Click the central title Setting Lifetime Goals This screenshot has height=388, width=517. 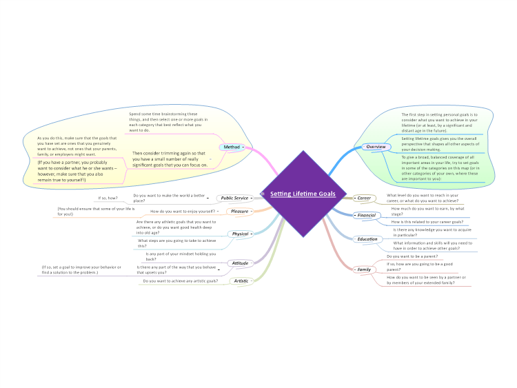point(303,194)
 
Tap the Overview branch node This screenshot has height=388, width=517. point(375,147)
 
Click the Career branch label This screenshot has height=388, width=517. point(364,198)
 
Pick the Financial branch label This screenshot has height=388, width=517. point(366,216)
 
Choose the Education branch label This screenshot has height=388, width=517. point(367,239)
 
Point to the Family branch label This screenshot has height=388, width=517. point(363,269)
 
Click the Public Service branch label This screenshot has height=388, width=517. point(234,198)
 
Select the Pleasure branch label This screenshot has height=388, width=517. point(239,211)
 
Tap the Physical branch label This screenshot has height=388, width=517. point(240,234)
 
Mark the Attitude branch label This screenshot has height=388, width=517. point(240,263)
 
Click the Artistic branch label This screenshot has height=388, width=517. point(241,280)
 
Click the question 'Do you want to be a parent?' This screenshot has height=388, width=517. point(414,256)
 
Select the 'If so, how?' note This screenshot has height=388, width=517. point(108,198)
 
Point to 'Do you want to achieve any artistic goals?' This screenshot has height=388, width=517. point(181,281)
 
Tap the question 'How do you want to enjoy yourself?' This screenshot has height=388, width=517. point(183,211)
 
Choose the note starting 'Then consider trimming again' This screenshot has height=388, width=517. point(170,159)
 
